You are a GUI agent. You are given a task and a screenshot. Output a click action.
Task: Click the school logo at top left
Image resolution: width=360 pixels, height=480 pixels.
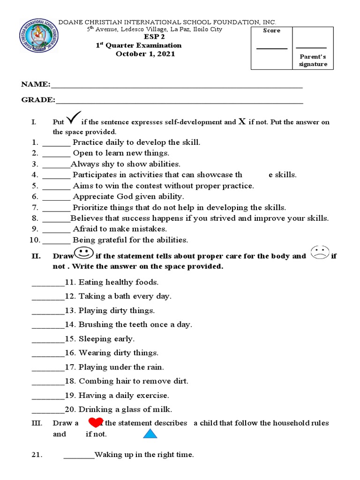click(39, 42)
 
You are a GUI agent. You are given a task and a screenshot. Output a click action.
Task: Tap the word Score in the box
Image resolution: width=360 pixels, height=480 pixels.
click(272, 30)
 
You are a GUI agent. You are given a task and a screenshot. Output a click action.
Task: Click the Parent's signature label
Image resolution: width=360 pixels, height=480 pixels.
click(313, 60)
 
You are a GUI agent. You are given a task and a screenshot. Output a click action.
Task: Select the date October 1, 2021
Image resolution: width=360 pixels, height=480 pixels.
click(145, 54)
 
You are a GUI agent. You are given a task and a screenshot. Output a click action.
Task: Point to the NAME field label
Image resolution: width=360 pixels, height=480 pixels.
click(35, 84)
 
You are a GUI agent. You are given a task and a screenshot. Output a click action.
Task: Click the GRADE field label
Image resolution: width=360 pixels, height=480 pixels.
click(37, 100)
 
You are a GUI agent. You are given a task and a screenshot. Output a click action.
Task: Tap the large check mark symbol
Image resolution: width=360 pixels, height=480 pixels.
click(74, 117)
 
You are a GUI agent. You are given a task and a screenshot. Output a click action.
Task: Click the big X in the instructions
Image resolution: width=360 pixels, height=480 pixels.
click(242, 121)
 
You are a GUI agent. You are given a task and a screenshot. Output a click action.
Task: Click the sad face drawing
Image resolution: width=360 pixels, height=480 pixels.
click(320, 253)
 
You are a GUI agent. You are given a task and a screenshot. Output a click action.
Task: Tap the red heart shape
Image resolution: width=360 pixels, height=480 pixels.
click(96, 422)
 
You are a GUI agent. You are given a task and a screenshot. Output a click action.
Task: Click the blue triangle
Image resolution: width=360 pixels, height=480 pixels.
click(150, 434)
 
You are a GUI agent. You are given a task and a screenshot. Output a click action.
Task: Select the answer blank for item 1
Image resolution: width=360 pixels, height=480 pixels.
click(56, 142)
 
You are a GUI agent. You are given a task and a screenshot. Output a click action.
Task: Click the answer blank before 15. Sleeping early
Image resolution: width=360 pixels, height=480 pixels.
click(47, 339)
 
